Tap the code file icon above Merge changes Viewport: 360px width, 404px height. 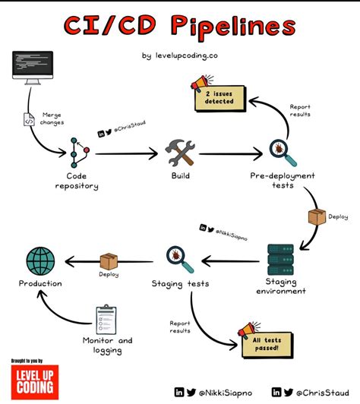30,119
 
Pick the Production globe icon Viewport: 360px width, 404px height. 40,260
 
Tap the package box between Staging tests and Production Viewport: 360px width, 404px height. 109,260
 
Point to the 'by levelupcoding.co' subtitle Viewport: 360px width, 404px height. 180,55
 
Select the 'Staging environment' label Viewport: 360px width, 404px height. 286,286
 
